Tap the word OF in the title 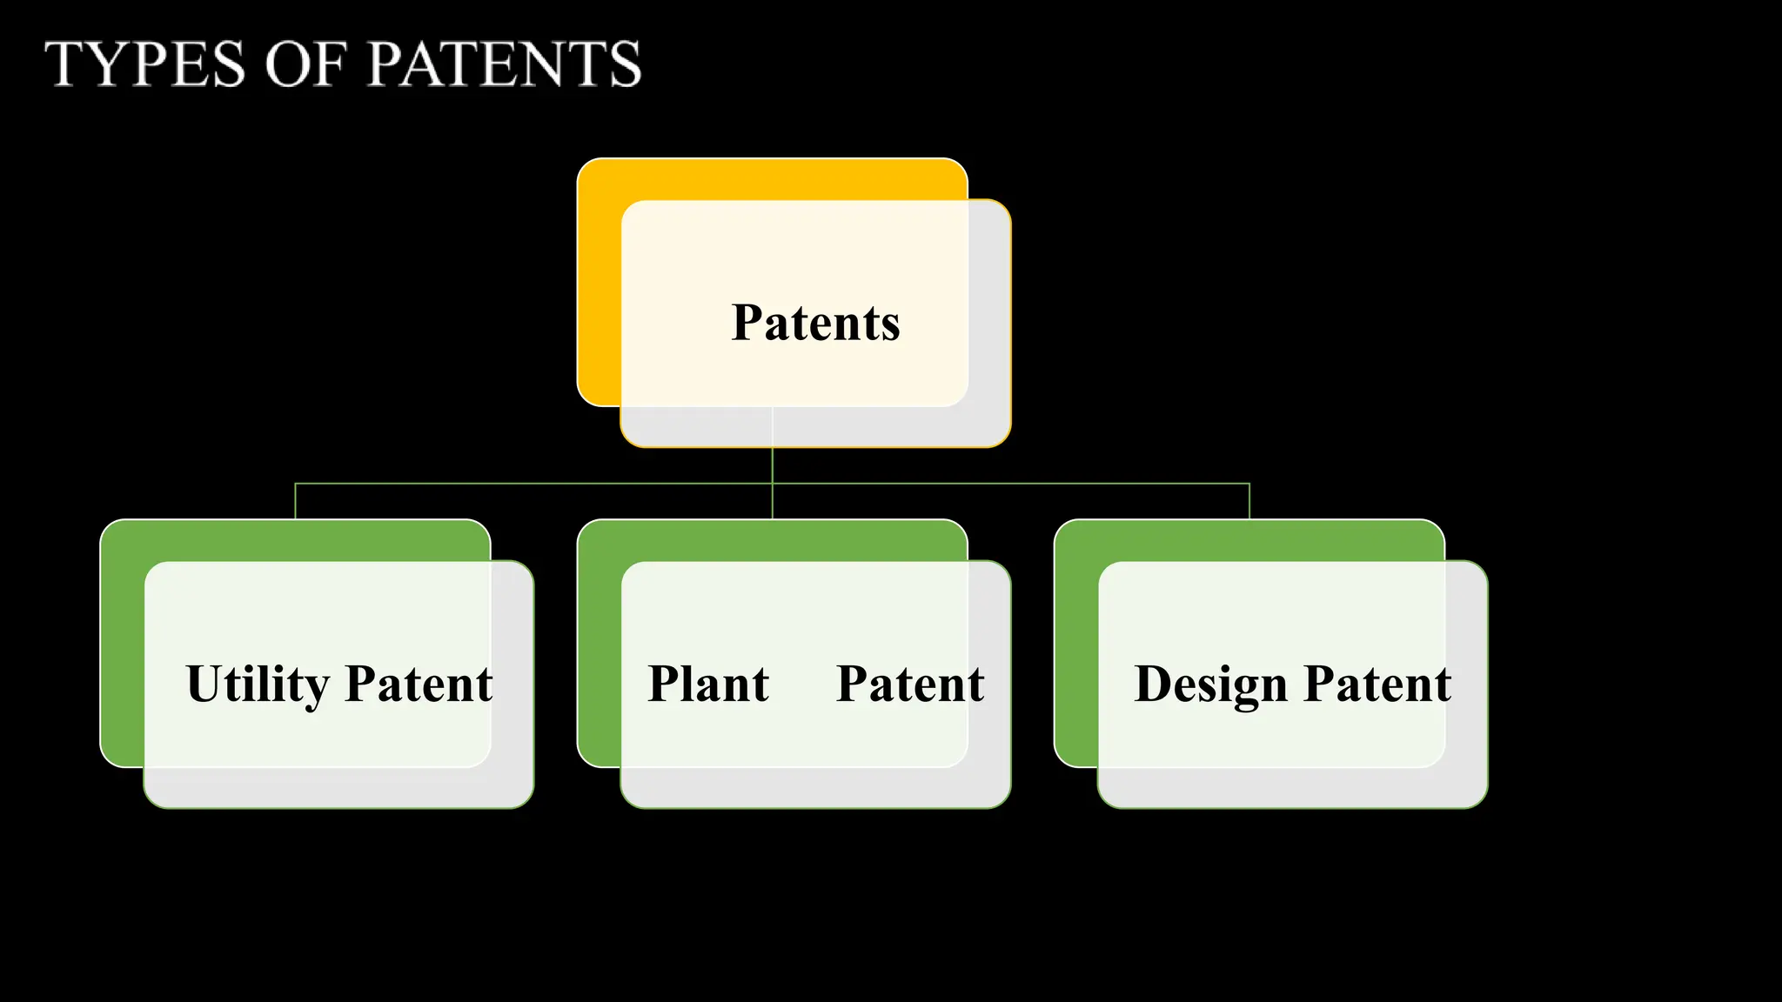click(305, 64)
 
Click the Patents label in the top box click(815, 323)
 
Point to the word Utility click(258, 685)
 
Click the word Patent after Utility click(419, 684)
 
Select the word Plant click(708, 684)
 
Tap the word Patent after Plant click(910, 684)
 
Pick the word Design click(1210, 685)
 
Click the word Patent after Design click(1377, 684)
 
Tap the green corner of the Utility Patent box click(123, 644)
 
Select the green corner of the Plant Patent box click(600, 644)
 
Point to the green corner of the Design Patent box click(1076, 644)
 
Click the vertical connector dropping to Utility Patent click(296, 501)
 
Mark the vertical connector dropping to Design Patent click(1249, 501)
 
